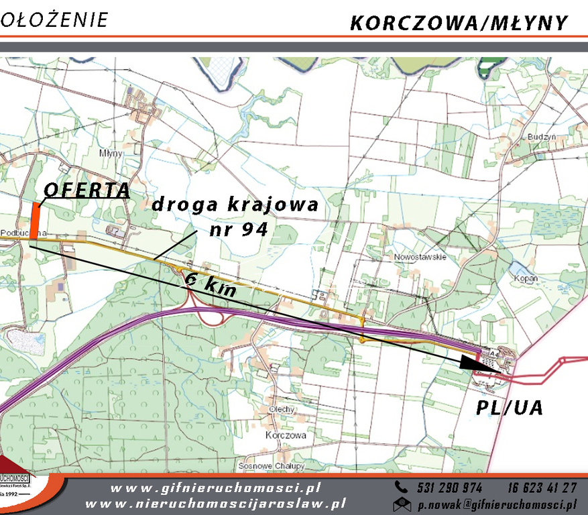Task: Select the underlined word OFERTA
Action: [86, 190]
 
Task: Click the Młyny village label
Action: [111, 153]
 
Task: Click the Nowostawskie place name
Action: [420, 257]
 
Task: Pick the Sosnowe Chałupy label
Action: [272, 465]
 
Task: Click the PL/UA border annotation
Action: [509, 407]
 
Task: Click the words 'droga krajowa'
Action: [234, 205]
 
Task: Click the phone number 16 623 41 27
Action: [542, 488]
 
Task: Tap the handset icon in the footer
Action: [402, 488]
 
